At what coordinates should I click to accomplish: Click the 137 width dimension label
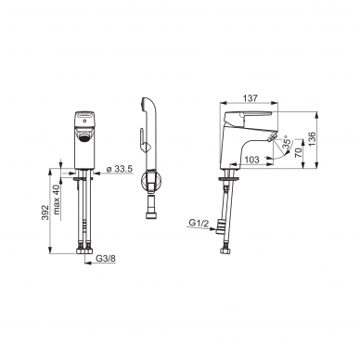click(x=251, y=98)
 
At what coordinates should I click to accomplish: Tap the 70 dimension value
click(x=298, y=153)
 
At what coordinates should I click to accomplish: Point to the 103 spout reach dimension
click(x=251, y=160)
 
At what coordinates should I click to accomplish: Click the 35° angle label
click(x=287, y=144)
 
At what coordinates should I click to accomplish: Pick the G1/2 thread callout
click(x=199, y=223)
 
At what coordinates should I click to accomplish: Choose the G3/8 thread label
click(x=106, y=258)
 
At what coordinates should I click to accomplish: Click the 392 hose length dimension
click(x=45, y=212)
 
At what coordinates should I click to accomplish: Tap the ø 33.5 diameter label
click(x=119, y=169)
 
